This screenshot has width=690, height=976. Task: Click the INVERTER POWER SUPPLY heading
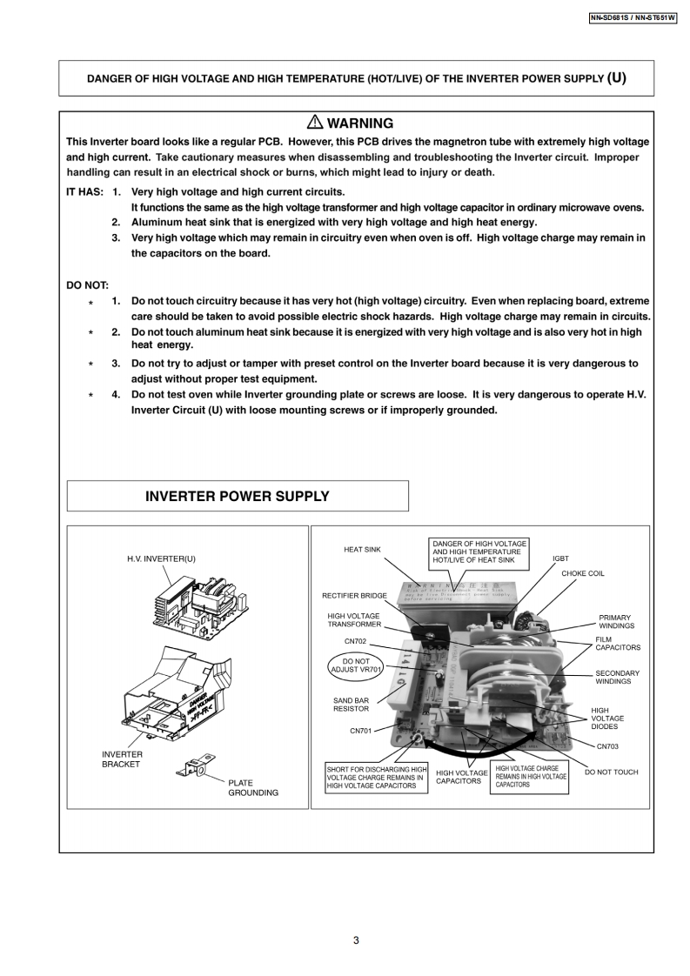pyautogui.click(x=237, y=496)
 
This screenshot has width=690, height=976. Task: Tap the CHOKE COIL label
pyautogui.click(x=582, y=574)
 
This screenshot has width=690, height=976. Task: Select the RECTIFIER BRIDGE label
pyautogui.click(x=354, y=596)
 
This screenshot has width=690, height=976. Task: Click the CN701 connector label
pyautogui.click(x=360, y=731)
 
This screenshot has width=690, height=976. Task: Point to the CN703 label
pyautogui.click(x=606, y=746)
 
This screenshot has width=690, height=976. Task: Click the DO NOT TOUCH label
pyautogui.click(x=611, y=772)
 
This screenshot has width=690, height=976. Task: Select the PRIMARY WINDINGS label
pyautogui.click(x=616, y=622)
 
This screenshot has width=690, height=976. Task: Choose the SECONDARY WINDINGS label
pyautogui.click(x=617, y=677)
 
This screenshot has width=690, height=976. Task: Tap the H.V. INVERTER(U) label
pyautogui.click(x=161, y=558)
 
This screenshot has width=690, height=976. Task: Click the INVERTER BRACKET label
pyautogui.click(x=122, y=759)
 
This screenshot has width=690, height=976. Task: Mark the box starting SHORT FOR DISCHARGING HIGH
pyautogui.click(x=377, y=778)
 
